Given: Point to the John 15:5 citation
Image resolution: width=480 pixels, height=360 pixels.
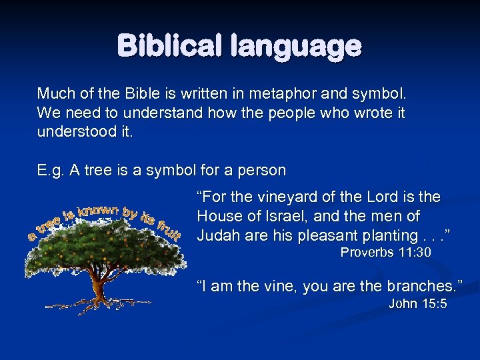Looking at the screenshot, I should click(x=417, y=304).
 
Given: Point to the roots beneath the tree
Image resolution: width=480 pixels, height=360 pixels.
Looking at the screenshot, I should click(x=100, y=303).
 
